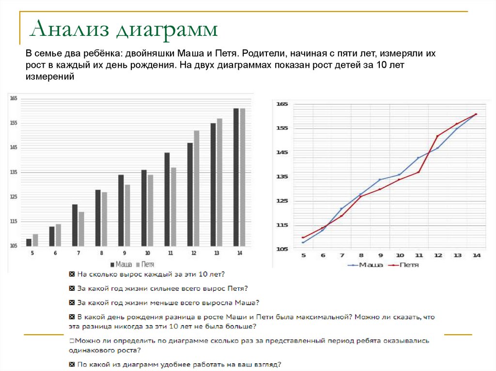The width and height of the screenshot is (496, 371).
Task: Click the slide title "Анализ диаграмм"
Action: pos(124,30)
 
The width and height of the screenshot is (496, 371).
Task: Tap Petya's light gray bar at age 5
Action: pos(35,240)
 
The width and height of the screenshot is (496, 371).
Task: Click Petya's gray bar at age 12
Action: pos(196,188)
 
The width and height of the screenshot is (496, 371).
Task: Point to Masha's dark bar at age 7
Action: pos(75,225)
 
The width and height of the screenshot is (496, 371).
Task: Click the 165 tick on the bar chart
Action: pos(13,99)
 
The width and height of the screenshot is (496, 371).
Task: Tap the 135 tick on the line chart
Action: pos(282,177)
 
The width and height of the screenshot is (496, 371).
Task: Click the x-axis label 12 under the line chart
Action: pos(438,255)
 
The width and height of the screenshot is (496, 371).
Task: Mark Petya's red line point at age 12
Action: pos(437,136)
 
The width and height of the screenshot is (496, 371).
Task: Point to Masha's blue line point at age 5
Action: pos(303,242)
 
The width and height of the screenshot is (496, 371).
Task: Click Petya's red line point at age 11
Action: pos(418,172)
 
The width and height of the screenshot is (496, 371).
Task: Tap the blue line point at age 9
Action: pos(380,179)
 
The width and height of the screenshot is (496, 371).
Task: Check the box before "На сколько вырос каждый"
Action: pos(72,274)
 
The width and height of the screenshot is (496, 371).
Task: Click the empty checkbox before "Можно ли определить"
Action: pos(72,341)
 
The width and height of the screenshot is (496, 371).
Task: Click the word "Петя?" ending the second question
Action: pos(238,289)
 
